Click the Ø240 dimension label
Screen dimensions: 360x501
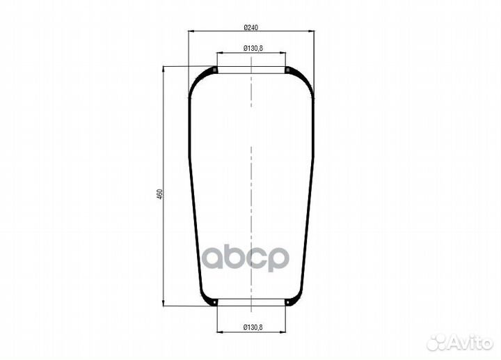pyautogui.click(x=251, y=27)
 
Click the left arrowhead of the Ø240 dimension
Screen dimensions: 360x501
pyautogui.click(x=191, y=31)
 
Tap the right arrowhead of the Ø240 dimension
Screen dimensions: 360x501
pyautogui.click(x=310, y=31)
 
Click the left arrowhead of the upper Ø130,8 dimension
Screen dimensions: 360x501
pyautogui.click(x=219, y=52)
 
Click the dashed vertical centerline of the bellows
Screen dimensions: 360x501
pyautogui.click(x=251, y=174)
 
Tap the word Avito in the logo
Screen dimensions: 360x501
pyautogui.click(x=470, y=342)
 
